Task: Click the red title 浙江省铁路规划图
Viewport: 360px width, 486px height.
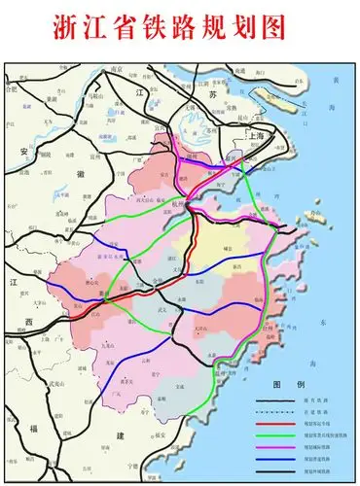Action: [180, 26]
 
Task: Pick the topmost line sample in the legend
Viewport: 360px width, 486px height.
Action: [274, 401]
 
